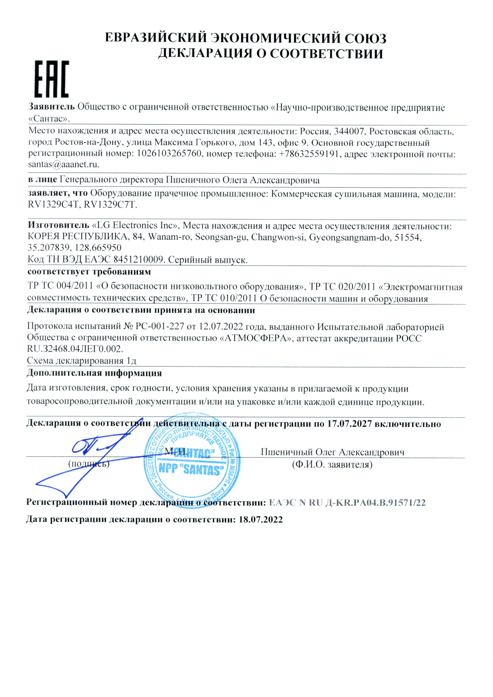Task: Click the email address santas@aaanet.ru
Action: (63, 164)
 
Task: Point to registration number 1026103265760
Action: (169, 153)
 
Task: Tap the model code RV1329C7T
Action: (110, 205)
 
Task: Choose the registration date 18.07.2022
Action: (261, 519)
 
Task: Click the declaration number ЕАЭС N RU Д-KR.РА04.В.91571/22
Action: (347, 503)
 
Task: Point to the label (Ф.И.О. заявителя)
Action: (332, 465)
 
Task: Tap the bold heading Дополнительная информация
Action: (94, 373)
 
